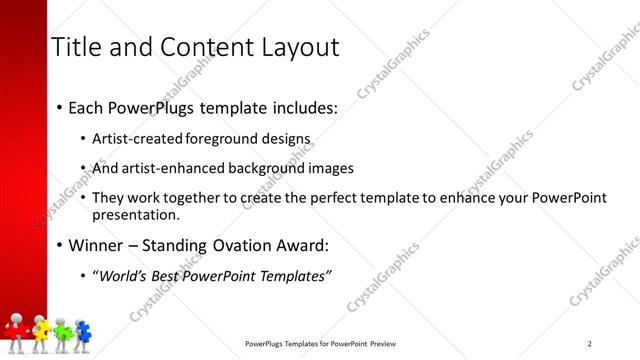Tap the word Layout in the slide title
(297, 47)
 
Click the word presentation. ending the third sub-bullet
(136, 214)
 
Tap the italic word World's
(123, 276)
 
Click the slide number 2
(589, 344)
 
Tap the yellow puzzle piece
(41, 326)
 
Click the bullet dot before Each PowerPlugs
(59, 108)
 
